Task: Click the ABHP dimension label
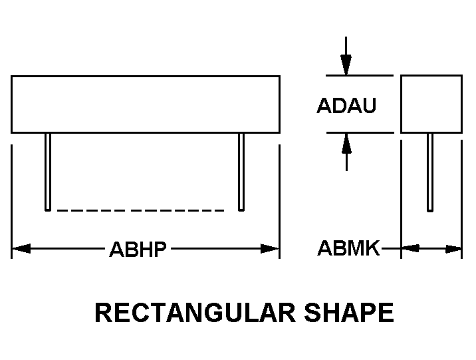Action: coord(138,249)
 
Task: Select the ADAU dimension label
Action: coord(346,105)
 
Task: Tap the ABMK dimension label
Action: coord(348,248)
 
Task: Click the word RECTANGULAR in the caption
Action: coord(195,313)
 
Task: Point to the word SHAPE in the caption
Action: coord(349,313)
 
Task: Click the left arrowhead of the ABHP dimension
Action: coord(21,248)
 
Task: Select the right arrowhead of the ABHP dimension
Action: coord(270,248)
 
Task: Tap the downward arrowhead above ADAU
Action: coord(346,65)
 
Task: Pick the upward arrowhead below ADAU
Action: coord(346,143)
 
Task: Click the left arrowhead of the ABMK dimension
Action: coord(410,248)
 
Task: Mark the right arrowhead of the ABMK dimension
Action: coord(453,249)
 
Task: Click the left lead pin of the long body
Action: coord(48,172)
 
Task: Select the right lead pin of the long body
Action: coord(241,172)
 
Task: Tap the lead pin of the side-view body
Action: coord(430,172)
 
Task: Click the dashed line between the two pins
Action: coord(140,210)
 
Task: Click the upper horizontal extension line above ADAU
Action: coord(360,75)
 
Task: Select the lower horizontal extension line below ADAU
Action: coord(360,133)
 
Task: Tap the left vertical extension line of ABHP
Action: coord(11,202)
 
